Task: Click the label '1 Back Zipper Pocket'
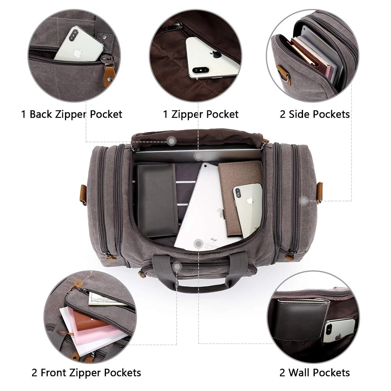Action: pyautogui.click(x=72, y=115)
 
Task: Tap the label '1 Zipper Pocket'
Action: pyautogui.click(x=201, y=115)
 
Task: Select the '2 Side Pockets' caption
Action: pyautogui.click(x=315, y=114)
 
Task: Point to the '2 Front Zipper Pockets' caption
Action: pyautogui.click(x=86, y=373)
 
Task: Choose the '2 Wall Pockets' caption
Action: pyautogui.click(x=314, y=373)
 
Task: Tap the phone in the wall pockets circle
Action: pyautogui.click(x=339, y=330)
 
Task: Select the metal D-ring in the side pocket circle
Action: pyautogui.click(x=287, y=77)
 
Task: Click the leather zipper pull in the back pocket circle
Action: pyautogui.click(x=108, y=75)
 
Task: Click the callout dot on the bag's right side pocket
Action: pyautogui.click(x=303, y=201)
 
